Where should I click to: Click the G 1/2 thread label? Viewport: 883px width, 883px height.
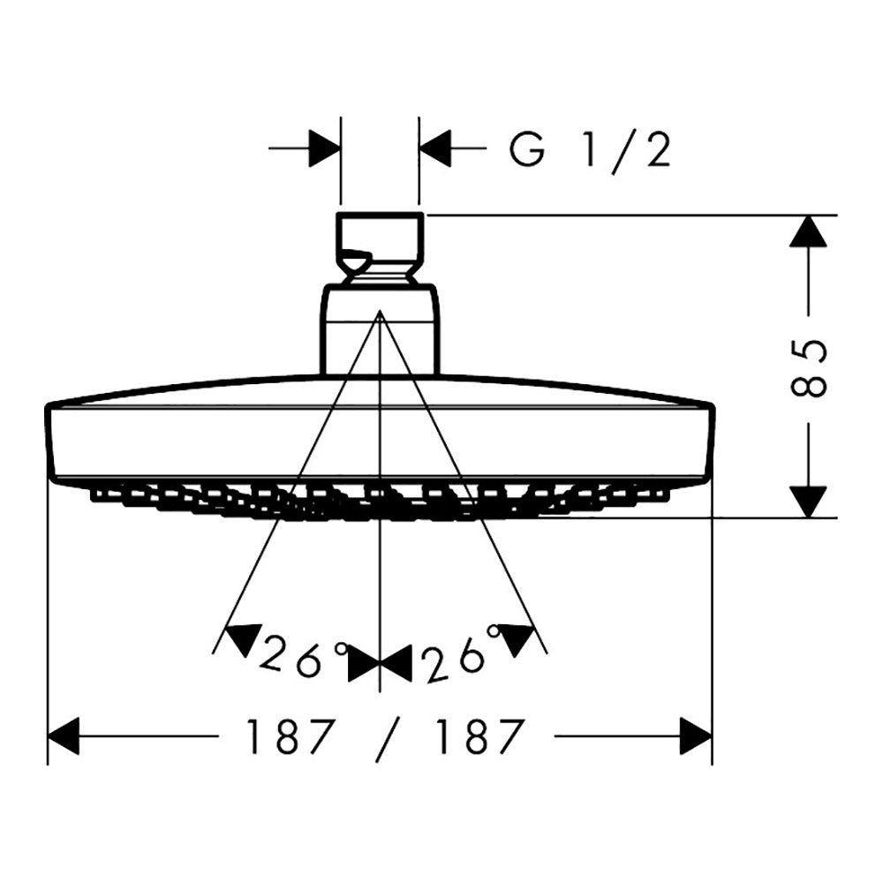pos(590,149)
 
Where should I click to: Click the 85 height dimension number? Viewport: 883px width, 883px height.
pos(809,368)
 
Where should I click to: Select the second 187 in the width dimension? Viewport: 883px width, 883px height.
pos(477,736)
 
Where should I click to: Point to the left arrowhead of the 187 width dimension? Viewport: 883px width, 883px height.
pos(64,736)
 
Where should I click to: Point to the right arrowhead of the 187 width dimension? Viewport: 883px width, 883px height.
pos(696,736)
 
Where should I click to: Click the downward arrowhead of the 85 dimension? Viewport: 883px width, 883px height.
pos(808,502)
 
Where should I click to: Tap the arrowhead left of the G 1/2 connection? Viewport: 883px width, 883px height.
pos(325,148)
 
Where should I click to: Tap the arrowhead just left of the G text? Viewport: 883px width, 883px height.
pos(435,148)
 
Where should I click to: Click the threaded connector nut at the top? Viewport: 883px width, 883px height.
pos(380,248)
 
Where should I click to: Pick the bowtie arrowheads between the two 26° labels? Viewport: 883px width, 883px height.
pos(380,663)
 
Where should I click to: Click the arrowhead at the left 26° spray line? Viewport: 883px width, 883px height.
pos(244,638)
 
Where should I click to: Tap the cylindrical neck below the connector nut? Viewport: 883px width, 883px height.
pos(380,330)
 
